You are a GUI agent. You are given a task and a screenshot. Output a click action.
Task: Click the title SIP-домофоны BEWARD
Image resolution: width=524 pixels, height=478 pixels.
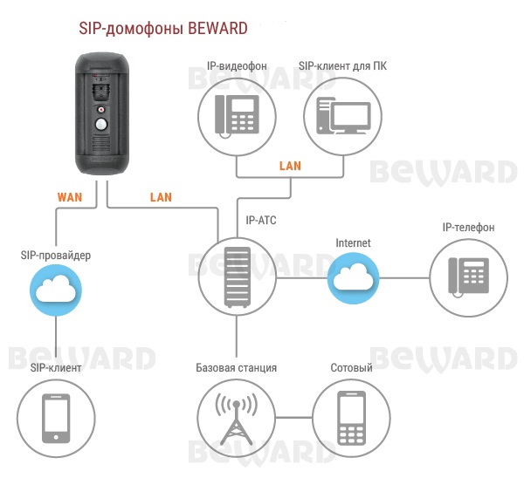pyautogui.click(x=163, y=28)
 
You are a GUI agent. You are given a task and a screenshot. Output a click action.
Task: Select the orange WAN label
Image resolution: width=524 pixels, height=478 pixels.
pyautogui.click(x=70, y=197)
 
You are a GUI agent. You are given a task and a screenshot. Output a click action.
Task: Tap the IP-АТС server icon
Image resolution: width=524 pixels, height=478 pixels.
pyautogui.click(x=236, y=277)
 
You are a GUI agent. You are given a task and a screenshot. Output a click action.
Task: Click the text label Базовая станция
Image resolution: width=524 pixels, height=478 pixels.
pyautogui.click(x=236, y=368)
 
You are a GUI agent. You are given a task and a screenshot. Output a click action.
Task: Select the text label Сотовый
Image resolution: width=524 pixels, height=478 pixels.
pyautogui.click(x=351, y=368)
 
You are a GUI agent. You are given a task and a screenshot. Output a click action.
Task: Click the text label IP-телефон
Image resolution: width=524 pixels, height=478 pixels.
pyautogui.click(x=468, y=228)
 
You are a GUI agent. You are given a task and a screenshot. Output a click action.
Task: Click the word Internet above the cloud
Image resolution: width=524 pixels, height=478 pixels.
pyautogui.click(x=353, y=242)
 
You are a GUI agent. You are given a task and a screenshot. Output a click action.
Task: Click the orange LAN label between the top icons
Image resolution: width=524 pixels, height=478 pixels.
pyautogui.click(x=289, y=165)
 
